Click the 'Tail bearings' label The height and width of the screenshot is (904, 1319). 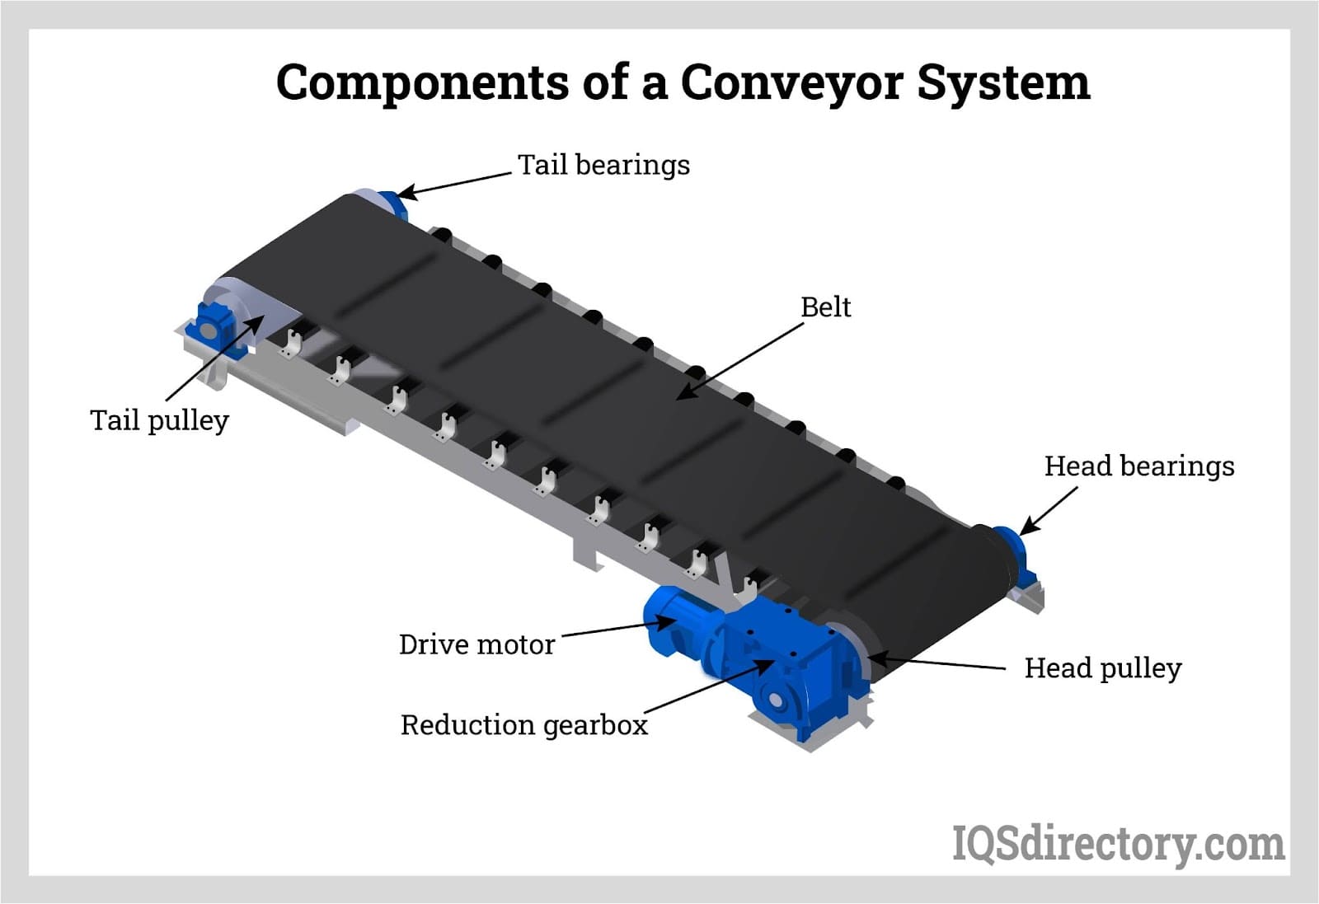pos(603,165)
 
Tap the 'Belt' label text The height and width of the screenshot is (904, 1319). pos(825,307)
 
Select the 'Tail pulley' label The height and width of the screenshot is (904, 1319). pos(159,420)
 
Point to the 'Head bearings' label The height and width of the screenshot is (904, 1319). pos(1138,466)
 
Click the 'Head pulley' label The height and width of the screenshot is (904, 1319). pos(1102,667)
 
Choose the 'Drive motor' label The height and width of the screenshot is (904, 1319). pos(476,644)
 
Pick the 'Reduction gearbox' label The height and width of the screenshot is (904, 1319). pos(523,725)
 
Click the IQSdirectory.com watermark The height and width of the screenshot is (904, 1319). pos(1118,844)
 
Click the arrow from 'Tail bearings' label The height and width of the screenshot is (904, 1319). pos(453,185)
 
